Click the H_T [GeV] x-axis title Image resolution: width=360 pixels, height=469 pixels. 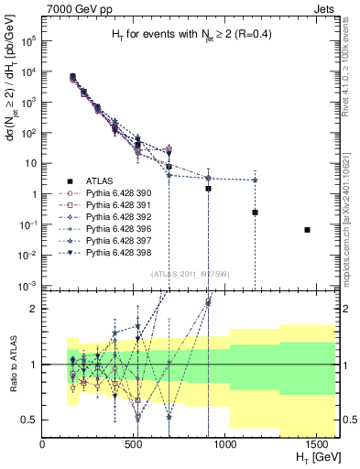click(x=311, y=459)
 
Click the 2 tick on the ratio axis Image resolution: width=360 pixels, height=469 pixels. click(x=35, y=309)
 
